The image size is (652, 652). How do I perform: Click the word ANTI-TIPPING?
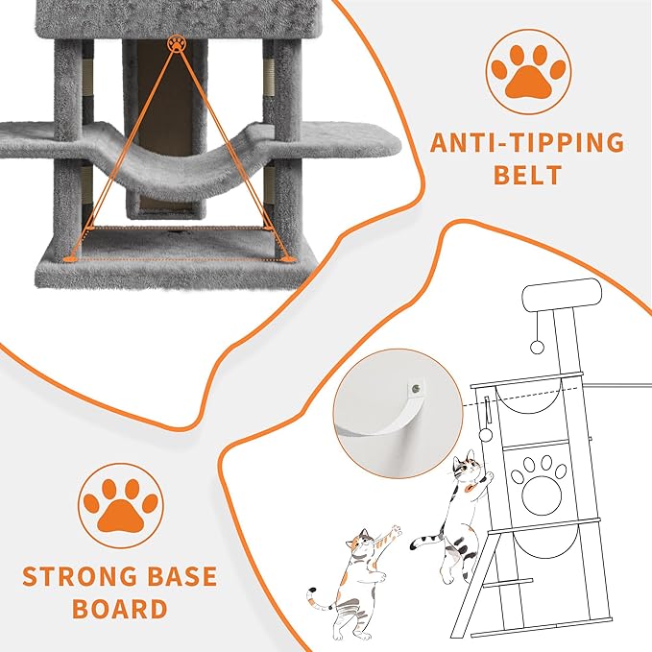click(526, 143)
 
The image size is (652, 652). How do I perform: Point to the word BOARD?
click(120, 609)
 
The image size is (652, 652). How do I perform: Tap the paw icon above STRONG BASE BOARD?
click(120, 505)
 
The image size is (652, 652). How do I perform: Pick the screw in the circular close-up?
click(414, 389)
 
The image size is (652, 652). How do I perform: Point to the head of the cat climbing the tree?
click(468, 468)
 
